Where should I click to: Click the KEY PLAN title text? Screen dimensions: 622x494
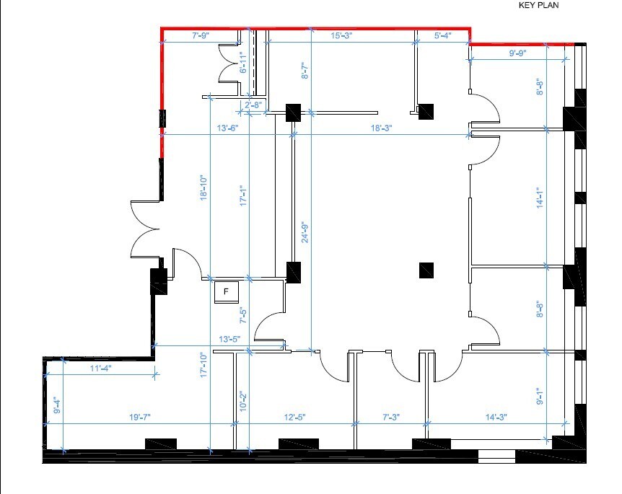coord(538,5)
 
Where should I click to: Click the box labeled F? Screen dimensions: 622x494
coord(227,292)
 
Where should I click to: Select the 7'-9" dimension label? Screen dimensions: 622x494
coord(201,35)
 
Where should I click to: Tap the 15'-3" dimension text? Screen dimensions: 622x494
coord(341,35)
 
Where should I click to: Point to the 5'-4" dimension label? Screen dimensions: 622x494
coord(443,35)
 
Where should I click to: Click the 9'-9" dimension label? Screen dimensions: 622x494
coord(517,53)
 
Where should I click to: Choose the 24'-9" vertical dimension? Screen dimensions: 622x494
coord(305,232)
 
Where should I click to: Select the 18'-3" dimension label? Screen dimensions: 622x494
coord(382,128)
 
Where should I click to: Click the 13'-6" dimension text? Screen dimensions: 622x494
coord(228,128)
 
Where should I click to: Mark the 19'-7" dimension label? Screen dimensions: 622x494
coord(140,417)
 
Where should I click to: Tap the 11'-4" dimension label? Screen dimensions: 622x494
coord(101,369)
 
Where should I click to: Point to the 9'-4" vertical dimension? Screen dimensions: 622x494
coord(58,405)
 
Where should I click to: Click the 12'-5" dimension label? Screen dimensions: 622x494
coord(294,417)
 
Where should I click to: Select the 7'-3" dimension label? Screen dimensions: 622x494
coord(391,417)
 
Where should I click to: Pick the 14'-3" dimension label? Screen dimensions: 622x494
coord(496,417)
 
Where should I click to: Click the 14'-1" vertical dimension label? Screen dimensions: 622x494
coord(540,198)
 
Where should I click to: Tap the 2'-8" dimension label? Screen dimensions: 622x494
coord(253,105)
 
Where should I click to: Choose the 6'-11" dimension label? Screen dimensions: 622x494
coord(243,62)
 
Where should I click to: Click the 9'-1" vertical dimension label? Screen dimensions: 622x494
coord(540,397)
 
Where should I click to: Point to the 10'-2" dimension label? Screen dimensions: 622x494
coord(243,401)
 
